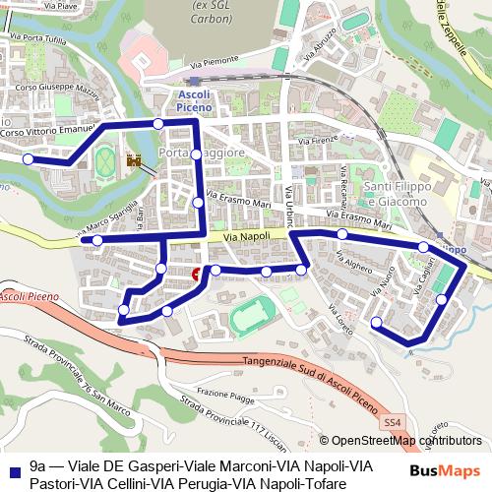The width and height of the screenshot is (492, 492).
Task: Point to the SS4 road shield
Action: pyautogui.click(x=394, y=422)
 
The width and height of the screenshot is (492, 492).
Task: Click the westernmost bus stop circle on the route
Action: pyautogui.click(x=28, y=158)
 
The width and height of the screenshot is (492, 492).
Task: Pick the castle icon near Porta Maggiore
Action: pyautogui.click(x=134, y=160)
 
